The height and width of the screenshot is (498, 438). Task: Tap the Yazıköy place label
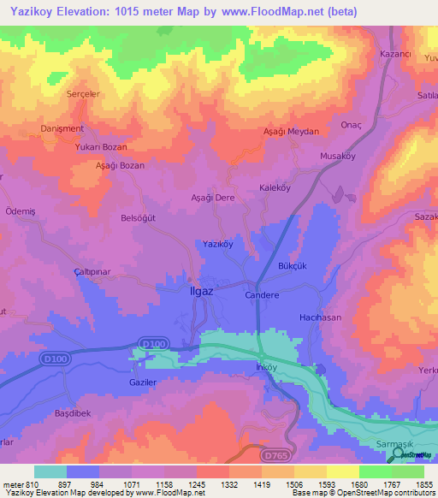[217, 244]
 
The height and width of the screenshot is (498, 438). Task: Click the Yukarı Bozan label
[101, 146]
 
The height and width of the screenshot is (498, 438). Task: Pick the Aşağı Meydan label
[290, 132]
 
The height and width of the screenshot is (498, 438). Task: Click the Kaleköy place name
[275, 187]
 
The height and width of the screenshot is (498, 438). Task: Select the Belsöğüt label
[139, 218]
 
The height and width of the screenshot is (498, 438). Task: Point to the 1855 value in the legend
[424, 483]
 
